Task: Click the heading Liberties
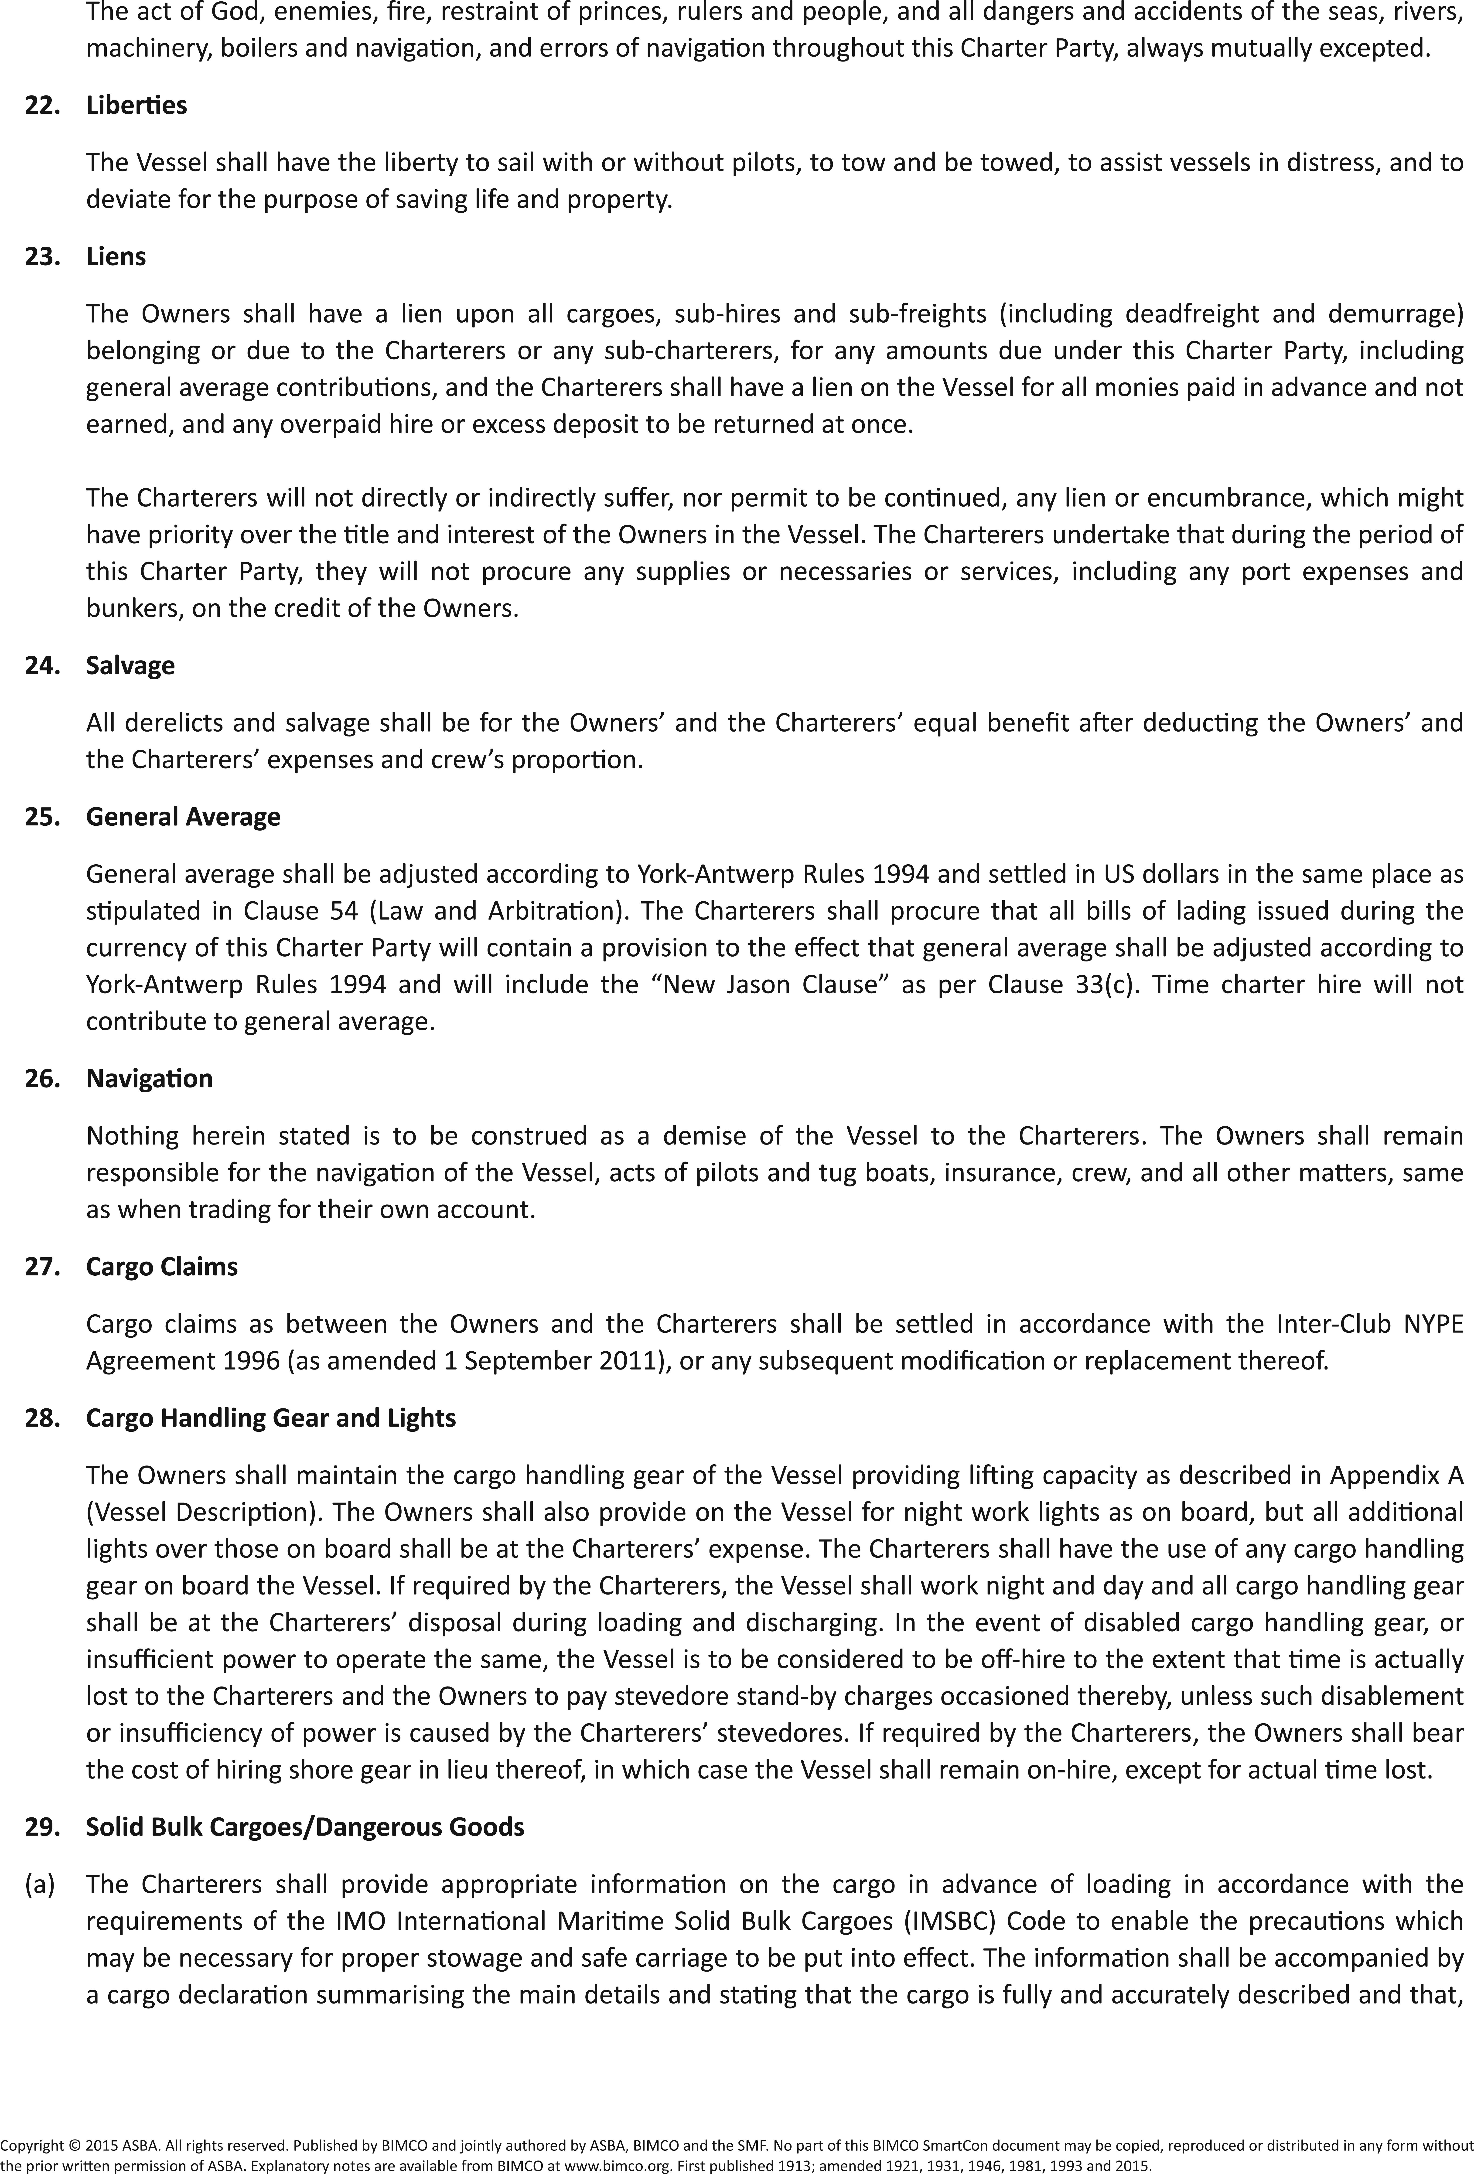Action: tap(136, 105)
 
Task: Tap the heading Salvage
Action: tap(130, 665)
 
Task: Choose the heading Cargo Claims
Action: tap(162, 1267)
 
